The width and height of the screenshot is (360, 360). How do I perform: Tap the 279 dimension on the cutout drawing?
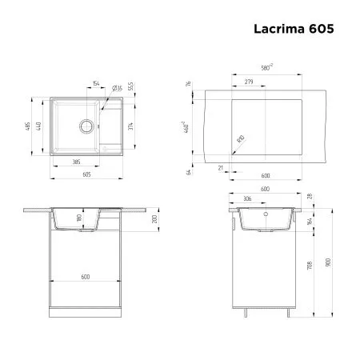click(x=249, y=82)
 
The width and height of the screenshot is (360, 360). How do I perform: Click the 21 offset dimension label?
click(x=220, y=169)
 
